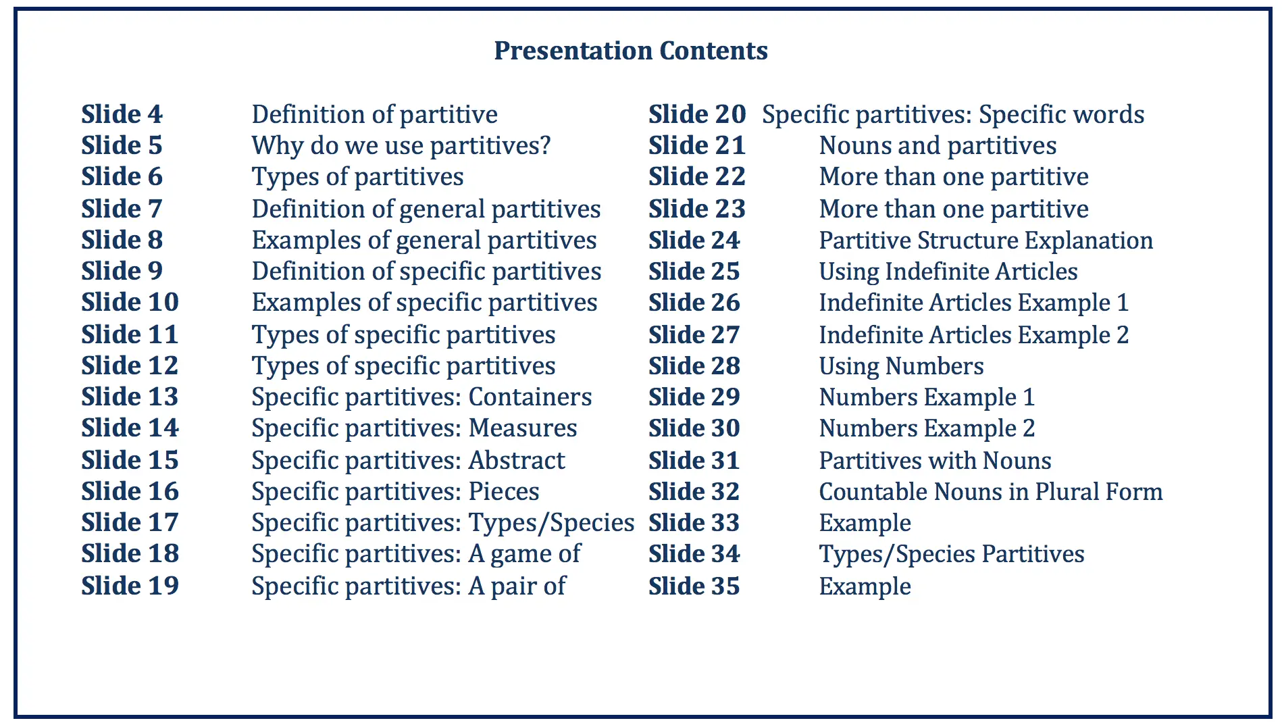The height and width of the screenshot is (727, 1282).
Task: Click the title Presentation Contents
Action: (631, 51)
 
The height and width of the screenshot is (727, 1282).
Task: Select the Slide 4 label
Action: (122, 114)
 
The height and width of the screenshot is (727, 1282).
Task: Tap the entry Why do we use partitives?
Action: (401, 146)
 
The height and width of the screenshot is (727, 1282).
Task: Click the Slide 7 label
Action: (122, 209)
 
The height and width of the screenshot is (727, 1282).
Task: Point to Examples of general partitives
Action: (424, 241)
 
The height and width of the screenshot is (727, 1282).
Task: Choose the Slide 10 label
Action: (130, 302)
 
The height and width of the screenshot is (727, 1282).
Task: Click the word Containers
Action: (530, 397)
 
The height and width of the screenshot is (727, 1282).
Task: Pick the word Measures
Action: (523, 428)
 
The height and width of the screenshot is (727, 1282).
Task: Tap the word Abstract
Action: (517, 460)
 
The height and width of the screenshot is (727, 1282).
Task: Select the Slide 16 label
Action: (130, 491)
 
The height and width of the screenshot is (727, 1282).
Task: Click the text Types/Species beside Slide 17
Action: (551, 523)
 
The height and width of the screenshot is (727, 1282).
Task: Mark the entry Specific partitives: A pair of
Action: (409, 586)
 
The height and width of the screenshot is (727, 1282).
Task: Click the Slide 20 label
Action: (697, 114)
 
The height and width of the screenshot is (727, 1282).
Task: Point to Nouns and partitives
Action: (938, 146)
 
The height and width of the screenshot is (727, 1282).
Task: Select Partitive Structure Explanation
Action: (986, 241)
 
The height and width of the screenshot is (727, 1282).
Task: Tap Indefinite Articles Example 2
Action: (974, 335)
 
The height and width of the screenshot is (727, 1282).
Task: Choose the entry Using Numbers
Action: (901, 366)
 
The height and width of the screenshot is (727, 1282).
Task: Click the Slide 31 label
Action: (694, 460)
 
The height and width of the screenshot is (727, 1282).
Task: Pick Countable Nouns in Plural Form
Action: (991, 491)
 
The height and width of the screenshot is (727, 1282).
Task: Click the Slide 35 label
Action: (694, 586)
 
